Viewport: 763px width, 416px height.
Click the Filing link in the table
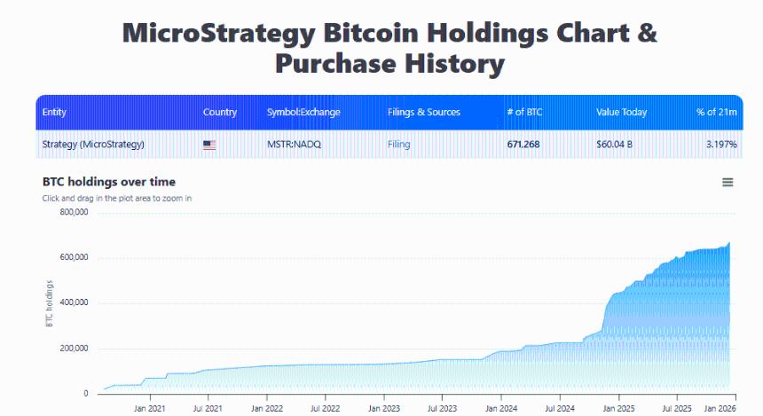[x=399, y=144]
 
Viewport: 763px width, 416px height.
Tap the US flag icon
[x=209, y=145]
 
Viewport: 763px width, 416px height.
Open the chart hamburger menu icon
[x=728, y=182]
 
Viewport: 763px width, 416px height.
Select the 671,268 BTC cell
[x=524, y=144]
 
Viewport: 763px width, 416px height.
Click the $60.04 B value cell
[x=615, y=144]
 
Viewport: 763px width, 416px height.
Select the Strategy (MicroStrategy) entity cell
[x=93, y=144]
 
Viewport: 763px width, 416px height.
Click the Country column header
[x=220, y=113]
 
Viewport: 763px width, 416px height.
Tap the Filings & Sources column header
[x=424, y=113]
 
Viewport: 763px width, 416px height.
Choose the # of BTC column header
[x=524, y=113]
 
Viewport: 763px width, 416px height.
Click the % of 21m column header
[x=716, y=113]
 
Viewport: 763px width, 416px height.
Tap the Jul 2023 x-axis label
[x=442, y=409]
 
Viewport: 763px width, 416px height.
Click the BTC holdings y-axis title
[x=50, y=303]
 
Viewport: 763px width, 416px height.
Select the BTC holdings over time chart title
[x=109, y=182]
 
